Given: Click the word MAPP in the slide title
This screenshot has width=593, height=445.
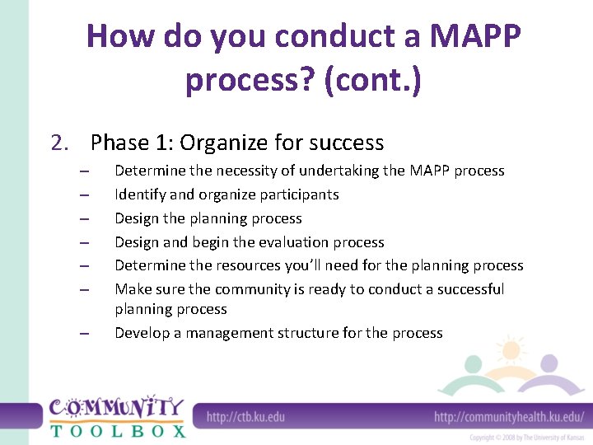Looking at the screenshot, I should tap(476, 36).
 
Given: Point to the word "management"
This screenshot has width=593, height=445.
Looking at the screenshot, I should tap(233, 333).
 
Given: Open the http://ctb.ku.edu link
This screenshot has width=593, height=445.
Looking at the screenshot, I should tap(245, 417).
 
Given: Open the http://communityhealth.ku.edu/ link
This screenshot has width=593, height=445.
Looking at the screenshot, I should tap(509, 417).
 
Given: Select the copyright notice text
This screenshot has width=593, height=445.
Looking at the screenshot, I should tap(527, 438).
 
